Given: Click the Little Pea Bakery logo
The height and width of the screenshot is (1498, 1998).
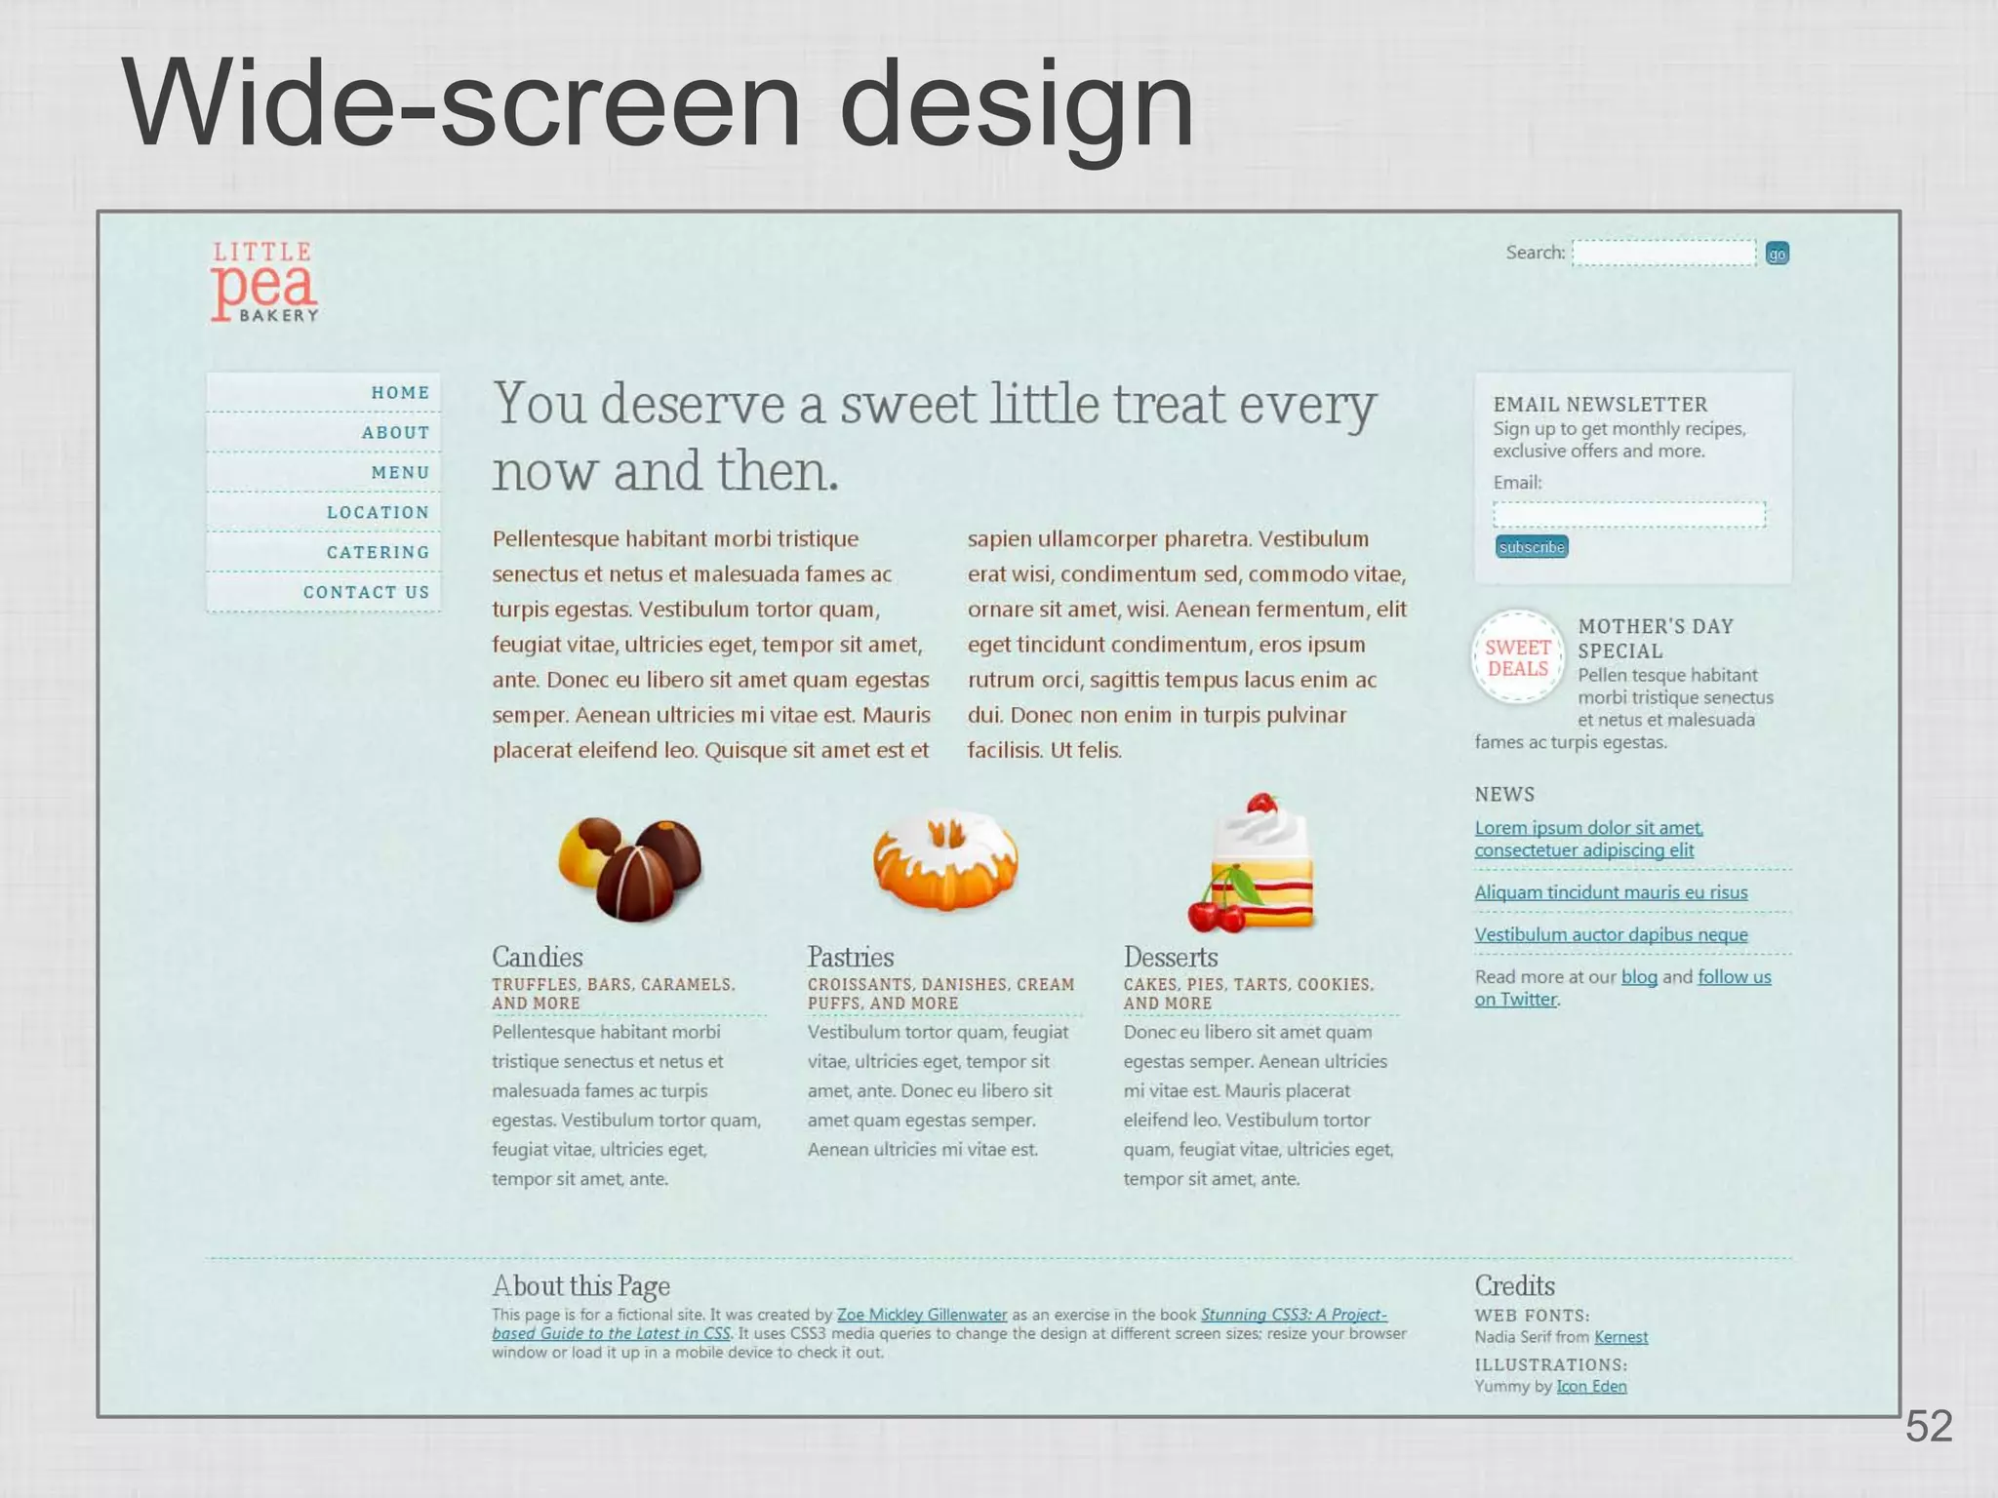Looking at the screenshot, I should click(x=264, y=282).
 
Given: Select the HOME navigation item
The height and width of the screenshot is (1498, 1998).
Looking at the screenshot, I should click(x=400, y=392).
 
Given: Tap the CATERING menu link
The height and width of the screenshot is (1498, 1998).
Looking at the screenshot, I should click(x=378, y=552).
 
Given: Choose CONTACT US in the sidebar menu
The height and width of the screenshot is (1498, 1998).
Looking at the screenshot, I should click(x=366, y=592).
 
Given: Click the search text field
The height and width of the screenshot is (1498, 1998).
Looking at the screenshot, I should click(x=1663, y=253).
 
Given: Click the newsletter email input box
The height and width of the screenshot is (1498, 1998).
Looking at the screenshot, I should click(x=1628, y=514).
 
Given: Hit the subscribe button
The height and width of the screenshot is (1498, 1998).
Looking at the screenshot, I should click(x=1531, y=547).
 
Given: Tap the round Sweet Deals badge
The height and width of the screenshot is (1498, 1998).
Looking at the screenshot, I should click(x=1517, y=657).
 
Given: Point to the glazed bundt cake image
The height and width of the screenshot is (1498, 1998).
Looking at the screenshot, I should click(x=944, y=859).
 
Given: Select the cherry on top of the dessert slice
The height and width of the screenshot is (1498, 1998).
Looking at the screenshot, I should click(x=1261, y=804).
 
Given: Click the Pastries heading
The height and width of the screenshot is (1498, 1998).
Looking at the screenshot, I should click(x=850, y=957).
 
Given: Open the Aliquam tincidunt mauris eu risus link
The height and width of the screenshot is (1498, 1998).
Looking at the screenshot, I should click(x=1611, y=892).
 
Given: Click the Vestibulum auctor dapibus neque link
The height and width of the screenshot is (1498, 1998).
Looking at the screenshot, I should click(x=1611, y=934).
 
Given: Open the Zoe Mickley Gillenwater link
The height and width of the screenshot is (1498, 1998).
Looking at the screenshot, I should click(x=921, y=1315).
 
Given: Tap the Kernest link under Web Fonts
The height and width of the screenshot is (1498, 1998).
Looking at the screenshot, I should click(x=1620, y=1337).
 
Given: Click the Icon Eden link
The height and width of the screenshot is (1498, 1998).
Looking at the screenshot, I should click(x=1591, y=1386).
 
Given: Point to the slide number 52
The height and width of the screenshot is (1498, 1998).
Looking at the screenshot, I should click(x=1928, y=1427).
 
